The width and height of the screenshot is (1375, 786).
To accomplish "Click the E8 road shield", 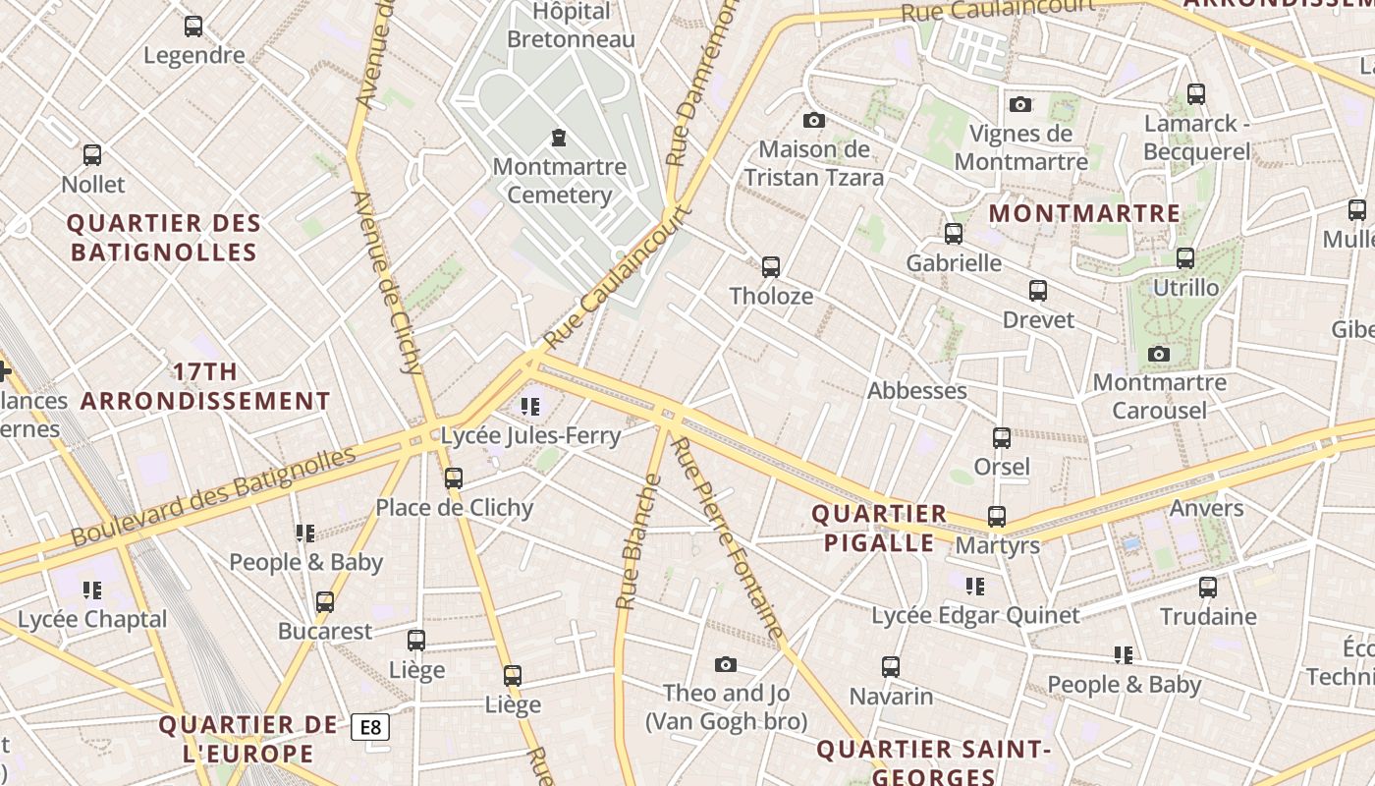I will pyautogui.click(x=370, y=727).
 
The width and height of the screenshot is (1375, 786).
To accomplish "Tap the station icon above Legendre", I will pyautogui.click(x=193, y=27).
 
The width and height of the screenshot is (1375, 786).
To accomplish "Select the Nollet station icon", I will pyautogui.click(x=92, y=155).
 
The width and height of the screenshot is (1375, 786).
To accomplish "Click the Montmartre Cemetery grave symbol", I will pyautogui.click(x=559, y=137).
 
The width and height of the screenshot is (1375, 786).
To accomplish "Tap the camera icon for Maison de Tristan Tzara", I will pyautogui.click(x=814, y=120).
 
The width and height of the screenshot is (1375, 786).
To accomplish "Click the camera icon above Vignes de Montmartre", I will pyautogui.click(x=1020, y=104).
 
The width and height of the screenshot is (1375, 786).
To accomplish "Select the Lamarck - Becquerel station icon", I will pyautogui.click(x=1195, y=94).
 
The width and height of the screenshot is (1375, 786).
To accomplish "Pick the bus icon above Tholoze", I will pyautogui.click(x=771, y=266).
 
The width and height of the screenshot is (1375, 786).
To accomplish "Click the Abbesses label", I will pyautogui.click(x=916, y=390).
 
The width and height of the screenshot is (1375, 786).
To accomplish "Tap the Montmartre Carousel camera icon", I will pyautogui.click(x=1159, y=354).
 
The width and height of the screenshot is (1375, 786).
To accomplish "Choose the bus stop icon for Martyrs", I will pyautogui.click(x=997, y=517).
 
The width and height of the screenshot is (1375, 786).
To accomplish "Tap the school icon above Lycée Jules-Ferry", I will pyautogui.click(x=530, y=406).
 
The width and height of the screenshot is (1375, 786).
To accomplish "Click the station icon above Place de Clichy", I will pyautogui.click(x=454, y=478).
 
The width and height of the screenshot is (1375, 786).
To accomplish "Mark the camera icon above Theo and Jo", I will pyautogui.click(x=726, y=665).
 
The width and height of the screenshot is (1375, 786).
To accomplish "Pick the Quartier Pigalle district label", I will pyautogui.click(x=879, y=528).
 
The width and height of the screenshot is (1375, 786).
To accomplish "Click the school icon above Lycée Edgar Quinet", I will pyautogui.click(x=974, y=587).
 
